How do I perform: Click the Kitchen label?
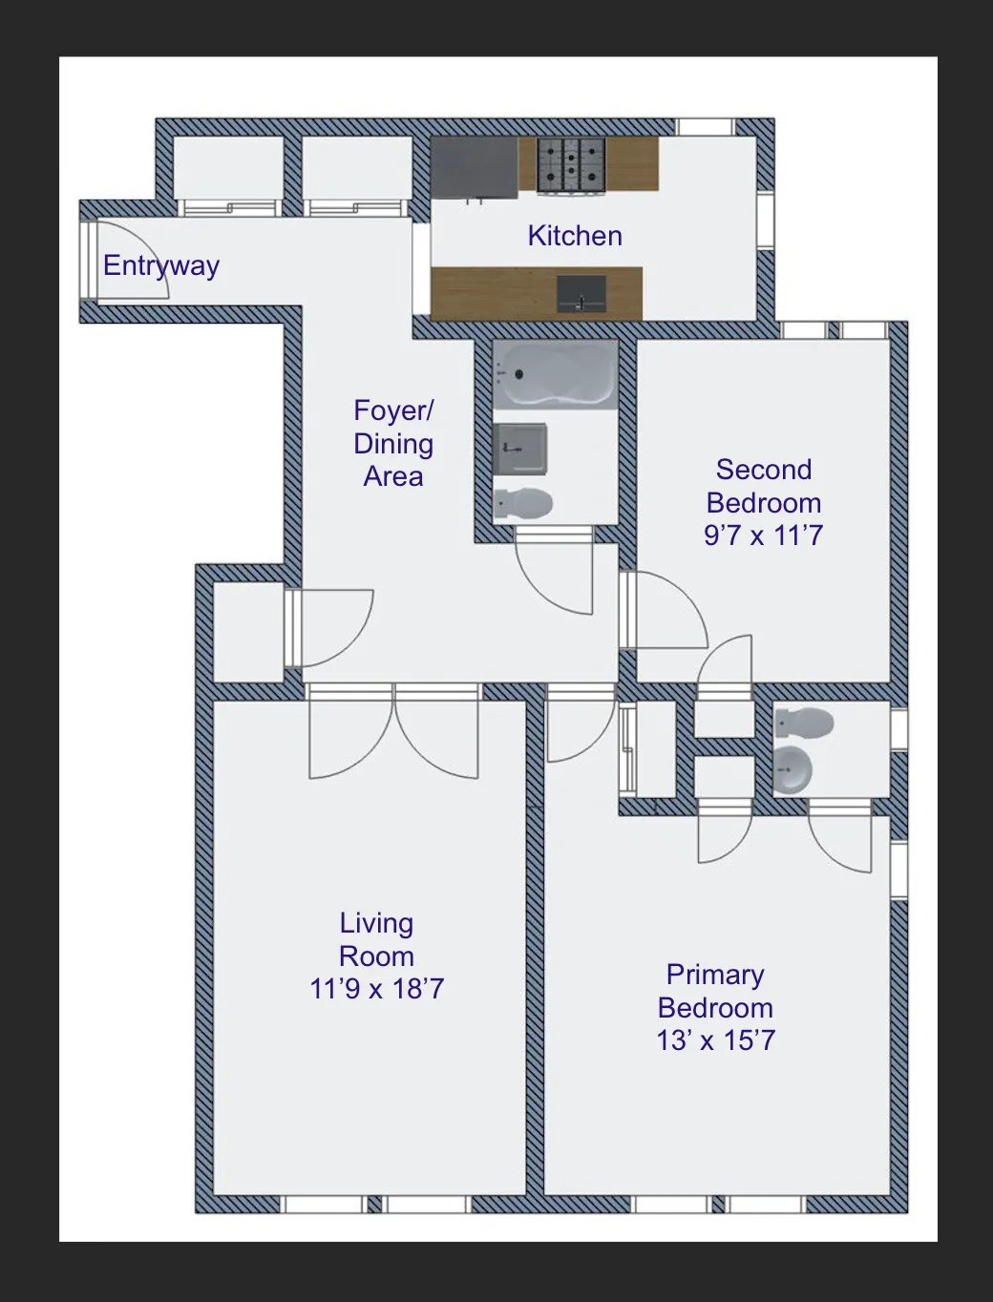(x=575, y=236)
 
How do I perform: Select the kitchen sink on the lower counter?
(x=581, y=293)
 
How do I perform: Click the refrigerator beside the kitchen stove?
(x=474, y=168)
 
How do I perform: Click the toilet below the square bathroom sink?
(x=523, y=503)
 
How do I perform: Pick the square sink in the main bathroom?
(x=520, y=448)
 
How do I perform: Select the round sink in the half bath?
(x=792, y=769)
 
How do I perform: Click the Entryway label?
(x=161, y=265)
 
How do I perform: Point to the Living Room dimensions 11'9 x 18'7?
(x=377, y=989)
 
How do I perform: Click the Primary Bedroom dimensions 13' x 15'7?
(x=715, y=1040)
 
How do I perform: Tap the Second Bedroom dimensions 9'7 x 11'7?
(x=763, y=535)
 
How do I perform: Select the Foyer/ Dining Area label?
(x=393, y=443)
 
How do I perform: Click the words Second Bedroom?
(x=763, y=486)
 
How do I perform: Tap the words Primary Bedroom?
(x=715, y=991)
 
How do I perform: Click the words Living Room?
(x=376, y=939)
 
